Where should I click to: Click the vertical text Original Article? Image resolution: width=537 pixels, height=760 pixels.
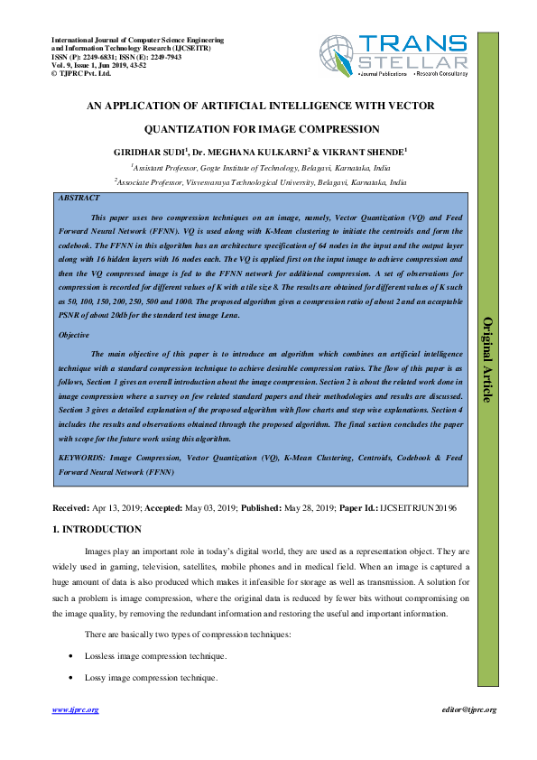coord(488,359)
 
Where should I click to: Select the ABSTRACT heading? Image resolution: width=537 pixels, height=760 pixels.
coord(79,197)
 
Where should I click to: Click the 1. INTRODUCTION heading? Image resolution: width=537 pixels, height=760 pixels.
coord(97,529)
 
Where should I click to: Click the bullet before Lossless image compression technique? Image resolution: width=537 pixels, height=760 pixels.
coord(70,656)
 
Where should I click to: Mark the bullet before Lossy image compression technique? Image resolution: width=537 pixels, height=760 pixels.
coord(70,677)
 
